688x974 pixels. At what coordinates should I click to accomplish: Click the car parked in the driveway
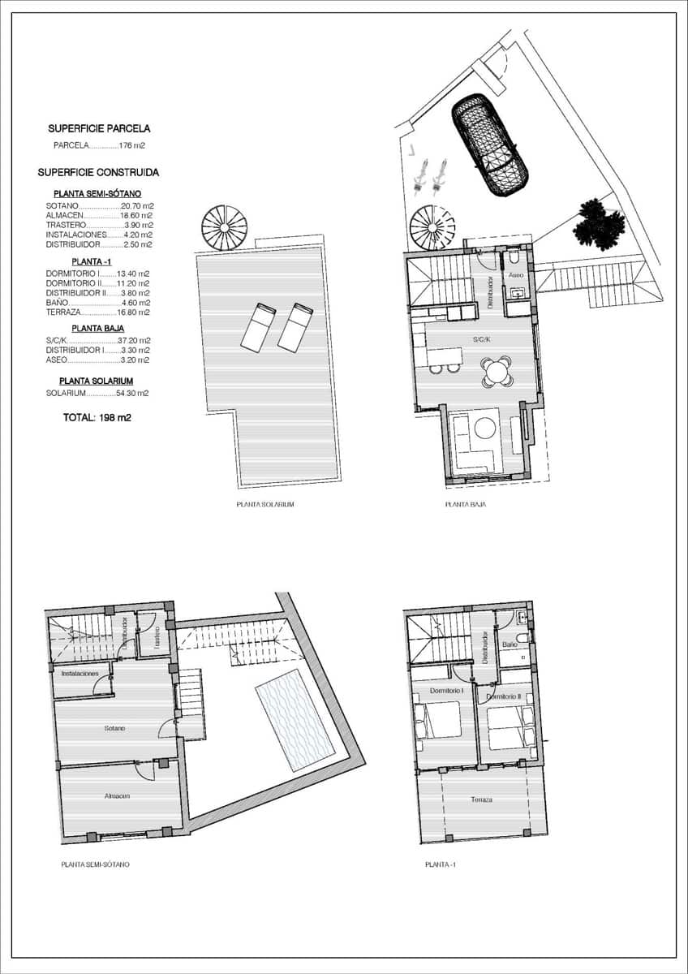click(x=489, y=144)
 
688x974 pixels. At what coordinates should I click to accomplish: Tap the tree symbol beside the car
click(x=599, y=223)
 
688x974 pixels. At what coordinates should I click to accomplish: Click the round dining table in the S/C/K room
click(x=496, y=373)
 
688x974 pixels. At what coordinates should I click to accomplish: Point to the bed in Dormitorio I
click(x=438, y=720)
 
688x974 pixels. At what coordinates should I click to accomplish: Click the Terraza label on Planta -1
click(x=481, y=799)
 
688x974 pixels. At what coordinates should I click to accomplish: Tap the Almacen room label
click(x=117, y=796)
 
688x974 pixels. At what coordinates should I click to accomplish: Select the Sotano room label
click(x=114, y=728)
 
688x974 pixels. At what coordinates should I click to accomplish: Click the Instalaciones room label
click(x=80, y=674)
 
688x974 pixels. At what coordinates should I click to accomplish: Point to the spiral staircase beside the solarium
click(x=224, y=228)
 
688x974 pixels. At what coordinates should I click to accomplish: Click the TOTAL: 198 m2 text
click(x=97, y=418)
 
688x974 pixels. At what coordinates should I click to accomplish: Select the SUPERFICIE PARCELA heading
click(x=99, y=128)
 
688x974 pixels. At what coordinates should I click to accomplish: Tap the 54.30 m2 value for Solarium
click(x=132, y=393)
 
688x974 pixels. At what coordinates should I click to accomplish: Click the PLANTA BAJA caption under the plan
click(x=465, y=504)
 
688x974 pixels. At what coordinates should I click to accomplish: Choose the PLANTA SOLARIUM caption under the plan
click(x=264, y=504)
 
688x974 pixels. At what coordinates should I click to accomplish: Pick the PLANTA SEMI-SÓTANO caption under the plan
click(x=95, y=864)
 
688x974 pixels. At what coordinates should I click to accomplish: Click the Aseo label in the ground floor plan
click(x=516, y=276)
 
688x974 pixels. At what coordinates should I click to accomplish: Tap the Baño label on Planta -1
click(x=510, y=644)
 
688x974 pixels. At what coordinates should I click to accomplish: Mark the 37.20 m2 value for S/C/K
click(x=134, y=341)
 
